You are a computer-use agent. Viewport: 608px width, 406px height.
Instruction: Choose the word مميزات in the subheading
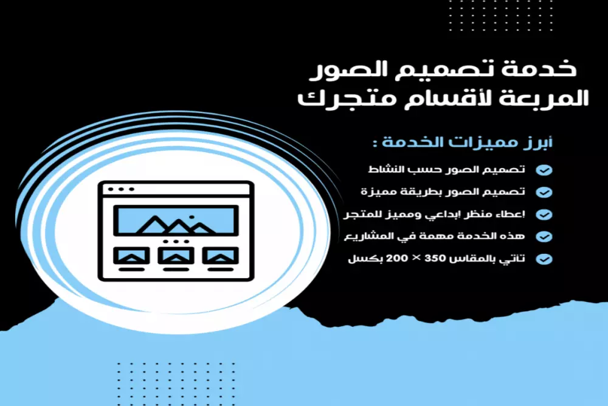click(482, 144)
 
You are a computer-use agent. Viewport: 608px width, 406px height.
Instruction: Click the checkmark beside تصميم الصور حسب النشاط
click(545, 170)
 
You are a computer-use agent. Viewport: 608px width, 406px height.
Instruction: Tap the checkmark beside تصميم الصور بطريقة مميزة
click(545, 192)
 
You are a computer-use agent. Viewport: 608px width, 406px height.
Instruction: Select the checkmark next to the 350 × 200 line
click(545, 259)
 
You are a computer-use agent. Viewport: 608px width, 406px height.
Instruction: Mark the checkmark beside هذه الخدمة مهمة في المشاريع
click(545, 236)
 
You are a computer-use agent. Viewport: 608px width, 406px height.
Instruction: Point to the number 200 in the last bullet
click(390, 258)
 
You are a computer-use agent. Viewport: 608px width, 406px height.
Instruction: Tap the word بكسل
click(361, 258)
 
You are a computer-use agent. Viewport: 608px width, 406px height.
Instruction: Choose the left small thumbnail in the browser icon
click(131, 256)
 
